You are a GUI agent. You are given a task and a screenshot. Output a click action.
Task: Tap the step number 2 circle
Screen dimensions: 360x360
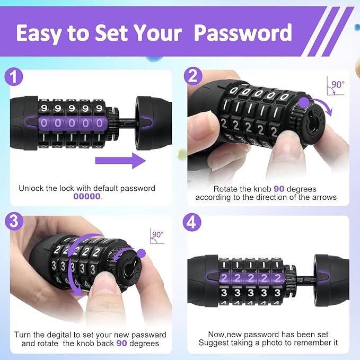pyautogui.click(x=193, y=77)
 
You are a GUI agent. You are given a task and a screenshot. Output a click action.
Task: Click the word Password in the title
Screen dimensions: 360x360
pyautogui.click(x=243, y=33)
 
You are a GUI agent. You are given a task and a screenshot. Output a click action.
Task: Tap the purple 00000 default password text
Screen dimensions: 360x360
pyautogui.click(x=87, y=196)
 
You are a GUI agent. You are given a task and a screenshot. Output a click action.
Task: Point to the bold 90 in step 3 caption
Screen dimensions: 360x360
pyautogui.click(x=121, y=344)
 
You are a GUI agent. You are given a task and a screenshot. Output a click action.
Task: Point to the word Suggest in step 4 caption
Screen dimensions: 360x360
pyautogui.click(x=213, y=343)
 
